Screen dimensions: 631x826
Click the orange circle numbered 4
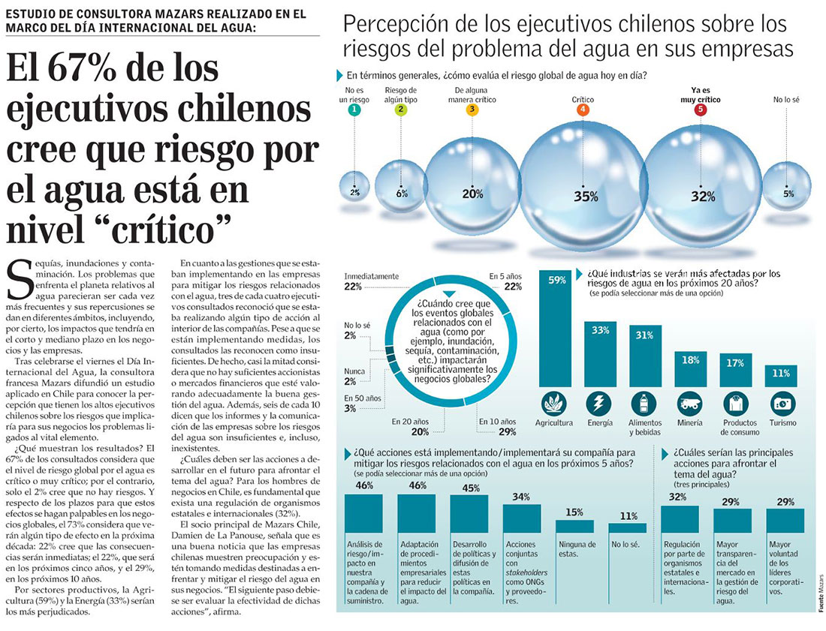[583, 110]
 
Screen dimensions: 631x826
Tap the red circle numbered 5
[701, 110]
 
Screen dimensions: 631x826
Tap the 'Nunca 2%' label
[354, 375]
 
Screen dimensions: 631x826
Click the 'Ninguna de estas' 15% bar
[574, 526]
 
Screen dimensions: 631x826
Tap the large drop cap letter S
[20, 281]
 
